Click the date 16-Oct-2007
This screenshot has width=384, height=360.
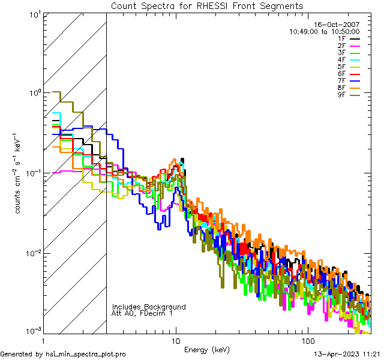[340, 25]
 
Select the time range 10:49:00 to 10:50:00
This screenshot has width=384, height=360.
[325, 31]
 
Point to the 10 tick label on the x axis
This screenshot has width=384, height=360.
[175, 340]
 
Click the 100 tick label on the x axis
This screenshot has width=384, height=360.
[308, 340]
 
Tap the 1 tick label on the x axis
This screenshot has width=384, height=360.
[43, 340]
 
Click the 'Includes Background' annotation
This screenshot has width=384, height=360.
[149, 307]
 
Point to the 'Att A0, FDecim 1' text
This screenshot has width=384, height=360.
[142, 313]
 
